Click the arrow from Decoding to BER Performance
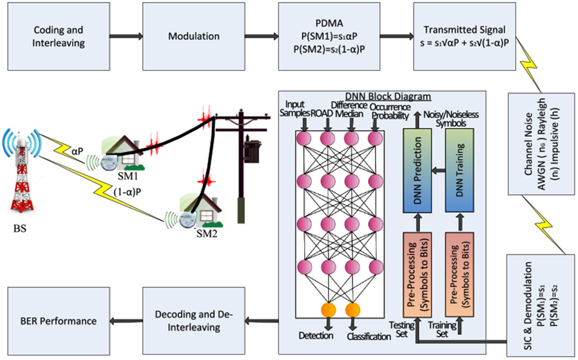pyautogui.click(x=126, y=320)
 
